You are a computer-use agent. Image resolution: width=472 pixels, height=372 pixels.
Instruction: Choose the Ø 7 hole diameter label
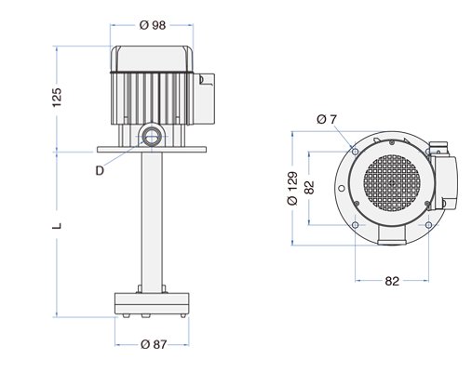325,119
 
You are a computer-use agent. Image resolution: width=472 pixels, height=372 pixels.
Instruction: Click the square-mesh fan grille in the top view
391,183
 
